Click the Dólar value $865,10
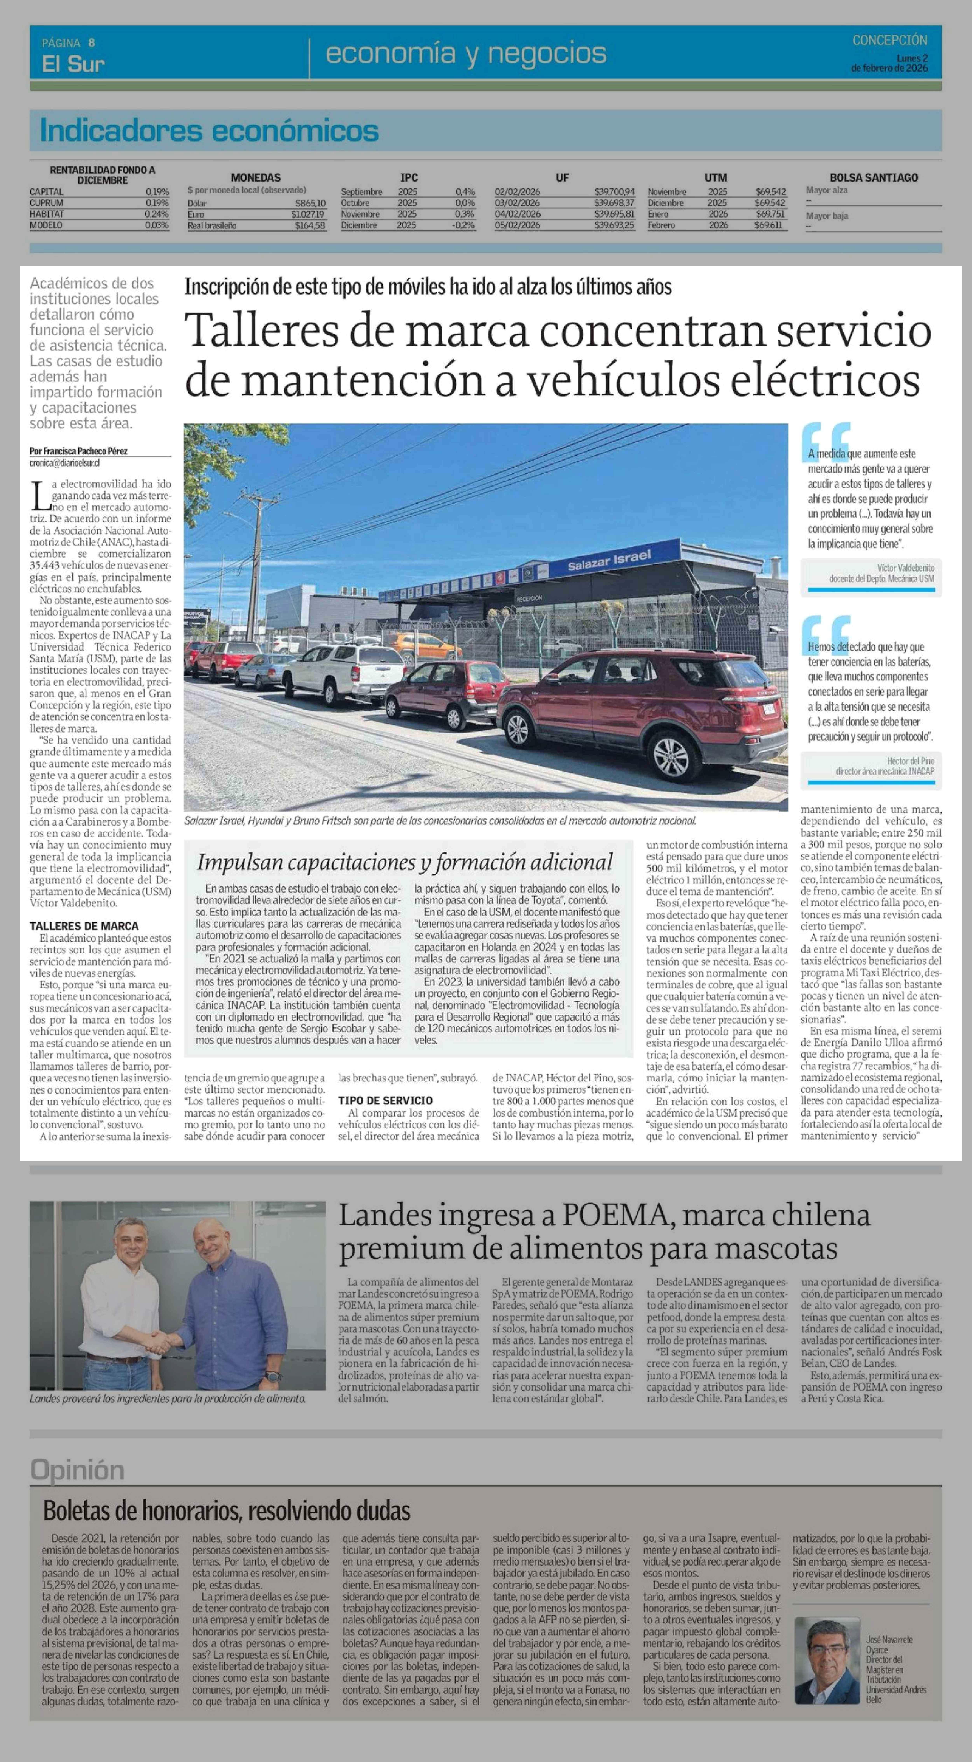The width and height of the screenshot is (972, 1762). (x=310, y=203)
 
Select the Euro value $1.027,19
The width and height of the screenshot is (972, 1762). (x=309, y=214)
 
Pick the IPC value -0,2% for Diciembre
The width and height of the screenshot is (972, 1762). (x=463, y=225)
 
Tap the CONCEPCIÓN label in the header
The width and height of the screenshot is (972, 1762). (x=889, y=40)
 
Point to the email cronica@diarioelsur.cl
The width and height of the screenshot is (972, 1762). (x=65, y=462)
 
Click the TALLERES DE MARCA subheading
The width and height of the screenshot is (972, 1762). (x=83, y=925)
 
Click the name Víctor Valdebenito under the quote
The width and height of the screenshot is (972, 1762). (x=905, y=568)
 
